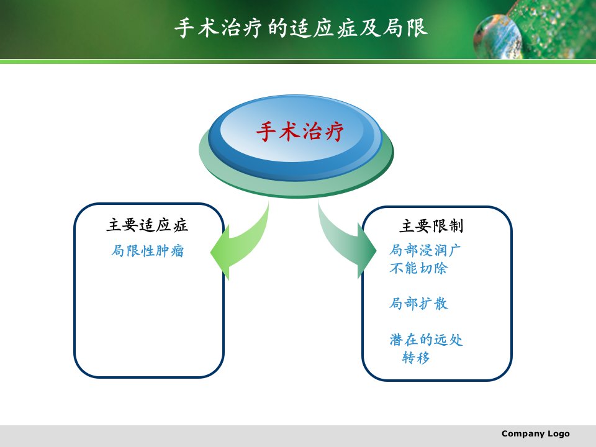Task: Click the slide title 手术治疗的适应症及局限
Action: coord(301,28)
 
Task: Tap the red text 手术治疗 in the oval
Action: coord(300,132)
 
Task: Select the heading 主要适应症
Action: coord(147,225)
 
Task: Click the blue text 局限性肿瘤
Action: coord(148,251)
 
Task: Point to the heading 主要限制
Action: coord(431,226)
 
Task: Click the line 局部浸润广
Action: coord(425,250)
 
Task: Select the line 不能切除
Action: coord(418,268)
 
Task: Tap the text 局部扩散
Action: coord(418,304)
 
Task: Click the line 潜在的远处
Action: coord(426,340)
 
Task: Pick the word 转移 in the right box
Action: coord(416,358)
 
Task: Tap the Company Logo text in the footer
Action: coord(536,434)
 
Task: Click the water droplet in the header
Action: coord(497,37)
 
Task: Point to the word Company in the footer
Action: coord(523,434)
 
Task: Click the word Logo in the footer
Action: coord(559,434)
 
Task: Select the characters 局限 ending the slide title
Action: coord(405,28)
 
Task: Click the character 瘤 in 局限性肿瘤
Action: coord(178,251)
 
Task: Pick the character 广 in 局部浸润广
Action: coord(454,250)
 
